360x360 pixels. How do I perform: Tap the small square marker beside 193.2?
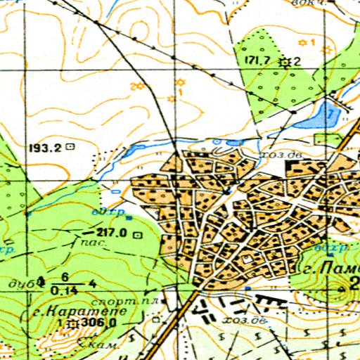(69, 148)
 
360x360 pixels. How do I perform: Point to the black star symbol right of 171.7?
(285, 62)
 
